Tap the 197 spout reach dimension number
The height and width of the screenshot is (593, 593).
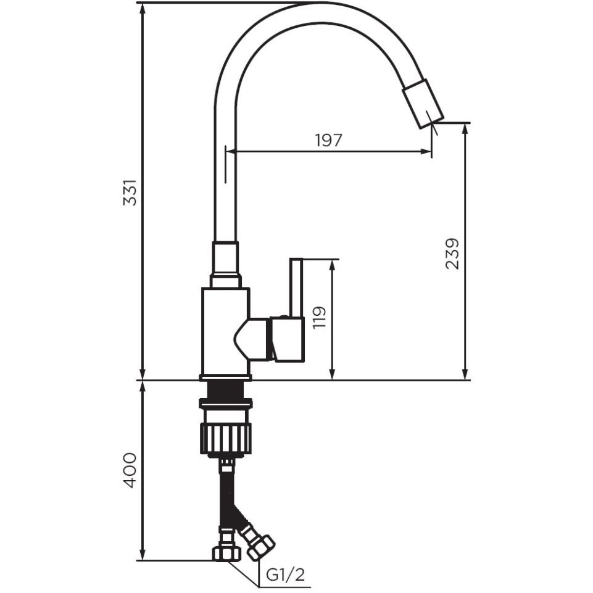tap(329, 141)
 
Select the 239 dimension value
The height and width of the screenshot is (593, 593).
tap(452, 254)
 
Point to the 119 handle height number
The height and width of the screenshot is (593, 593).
tap(320, 317)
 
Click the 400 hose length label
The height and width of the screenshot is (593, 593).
tap(130, 470)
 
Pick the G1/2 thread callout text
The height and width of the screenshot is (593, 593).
tap(286, 575)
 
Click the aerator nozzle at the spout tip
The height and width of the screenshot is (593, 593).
tap(423, 104)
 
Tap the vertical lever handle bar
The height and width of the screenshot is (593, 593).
tap(296, 288)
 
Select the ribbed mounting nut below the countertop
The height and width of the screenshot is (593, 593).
tap(226, 439)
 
